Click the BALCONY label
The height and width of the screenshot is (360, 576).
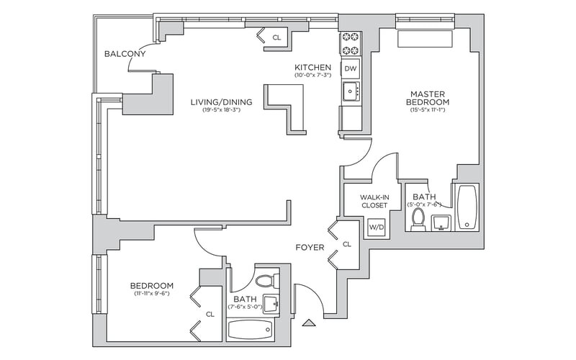click(125, 54)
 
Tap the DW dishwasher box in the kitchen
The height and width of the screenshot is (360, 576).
click(351, 68)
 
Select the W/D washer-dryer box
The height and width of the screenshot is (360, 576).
click(376, 228)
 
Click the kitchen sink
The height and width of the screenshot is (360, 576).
click(351, 91)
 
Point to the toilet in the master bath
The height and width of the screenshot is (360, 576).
click(418, 219)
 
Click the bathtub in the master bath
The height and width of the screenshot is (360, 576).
click(467, 207)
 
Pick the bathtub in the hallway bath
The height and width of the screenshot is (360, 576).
click(251, 330)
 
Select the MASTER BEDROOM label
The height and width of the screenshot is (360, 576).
click(430, 99)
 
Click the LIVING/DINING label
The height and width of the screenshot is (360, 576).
click(221, 102)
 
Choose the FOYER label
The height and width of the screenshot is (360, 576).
click(310, 248)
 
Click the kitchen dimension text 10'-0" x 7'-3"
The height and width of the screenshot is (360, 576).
click(312, 76)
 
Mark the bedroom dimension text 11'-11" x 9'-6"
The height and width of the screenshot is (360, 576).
click(151, 294)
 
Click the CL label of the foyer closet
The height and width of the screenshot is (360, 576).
click(347, 245)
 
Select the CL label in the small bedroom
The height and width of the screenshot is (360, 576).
click(210, 314)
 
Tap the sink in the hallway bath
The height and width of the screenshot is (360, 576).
click(271, 305)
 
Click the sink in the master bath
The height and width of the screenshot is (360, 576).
click(441, 222)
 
